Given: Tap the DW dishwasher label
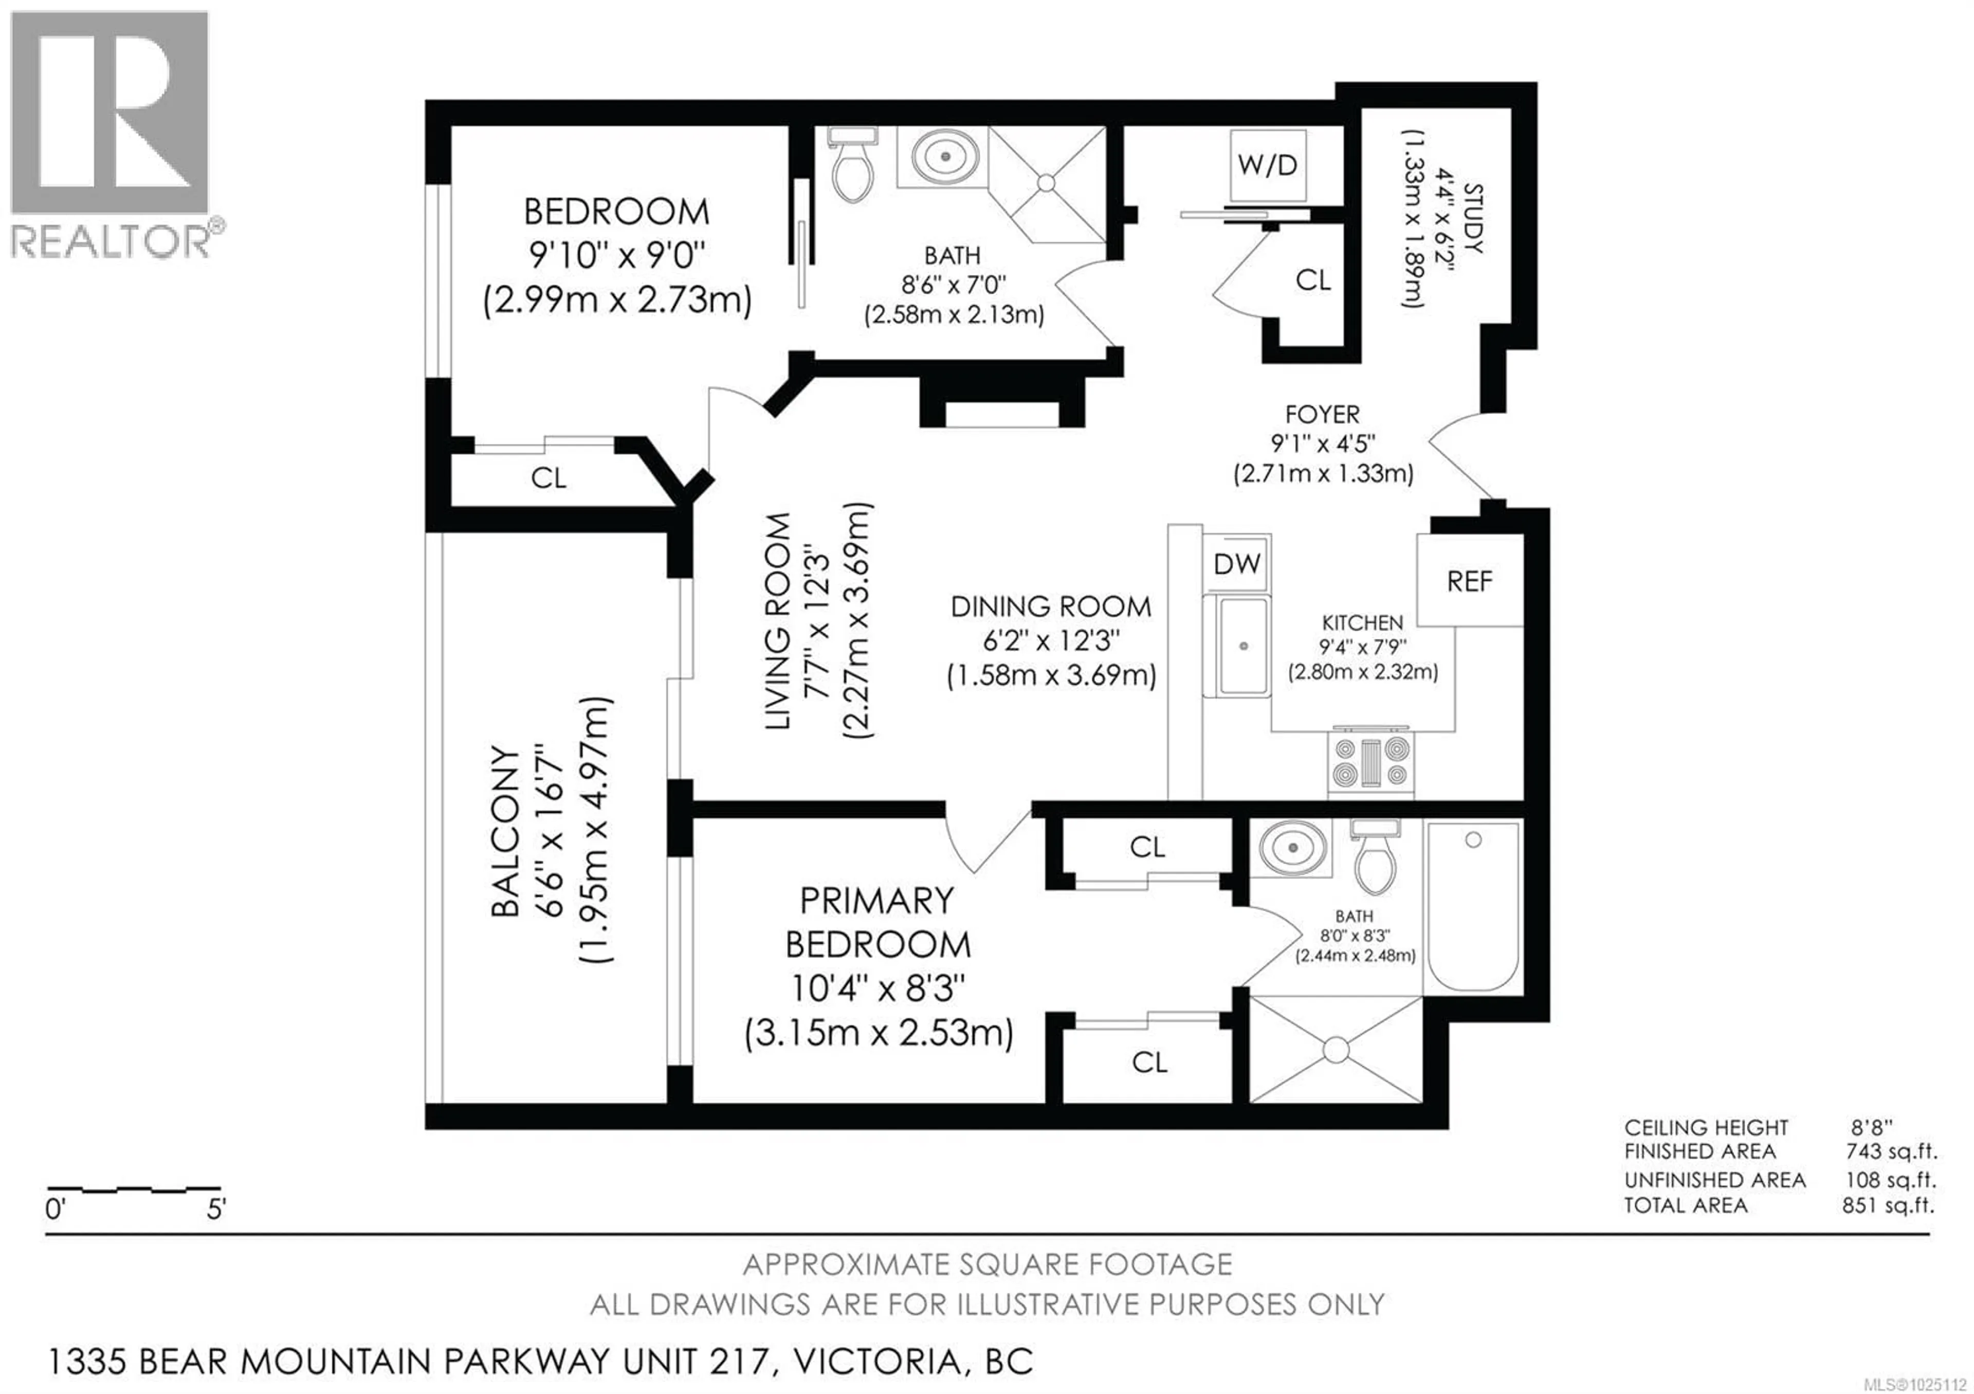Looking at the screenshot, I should click(1236, 565).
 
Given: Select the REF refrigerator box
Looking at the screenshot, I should click(1469, 581).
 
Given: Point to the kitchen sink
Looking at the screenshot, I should click(1242, 646).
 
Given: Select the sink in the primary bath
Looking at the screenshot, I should click(1292, 848).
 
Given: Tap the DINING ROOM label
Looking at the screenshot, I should click(1051, 607).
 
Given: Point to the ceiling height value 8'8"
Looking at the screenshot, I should click(1872, 1127).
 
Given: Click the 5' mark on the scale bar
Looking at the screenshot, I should click(215, 1210).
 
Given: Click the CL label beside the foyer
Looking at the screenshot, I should click(1313, 280).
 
